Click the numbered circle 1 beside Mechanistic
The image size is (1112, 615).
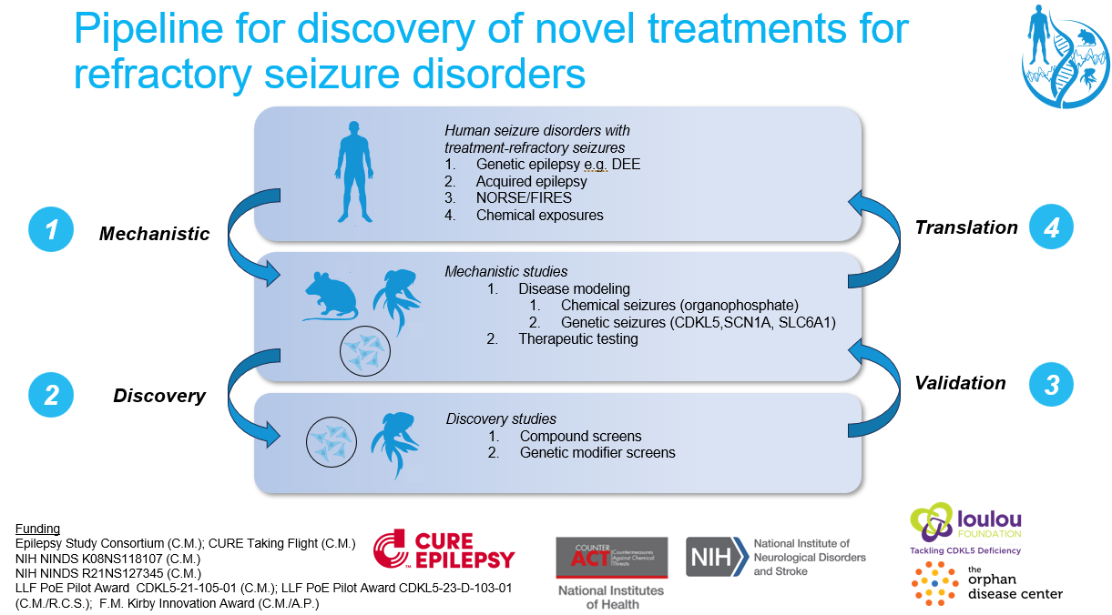tap(52, 230)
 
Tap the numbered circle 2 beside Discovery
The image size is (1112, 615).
tap(52, 394)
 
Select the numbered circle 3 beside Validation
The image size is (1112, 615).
tap(1051, 384)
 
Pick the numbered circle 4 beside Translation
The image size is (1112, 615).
tap(1051, 227)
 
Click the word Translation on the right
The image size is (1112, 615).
tap(966, 227)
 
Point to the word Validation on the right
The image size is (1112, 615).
tap(960, 383)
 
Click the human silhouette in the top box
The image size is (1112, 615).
tap(350, 174)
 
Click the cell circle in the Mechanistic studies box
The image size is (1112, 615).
tap(365, 353)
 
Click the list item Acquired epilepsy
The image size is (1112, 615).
tap(531, 181)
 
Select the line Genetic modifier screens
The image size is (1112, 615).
tap(597, 452)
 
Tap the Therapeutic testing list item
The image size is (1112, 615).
tap(578, 338)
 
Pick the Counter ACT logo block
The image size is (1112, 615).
tap(612, 557)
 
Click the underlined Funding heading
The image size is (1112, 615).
tap(38, 529)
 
